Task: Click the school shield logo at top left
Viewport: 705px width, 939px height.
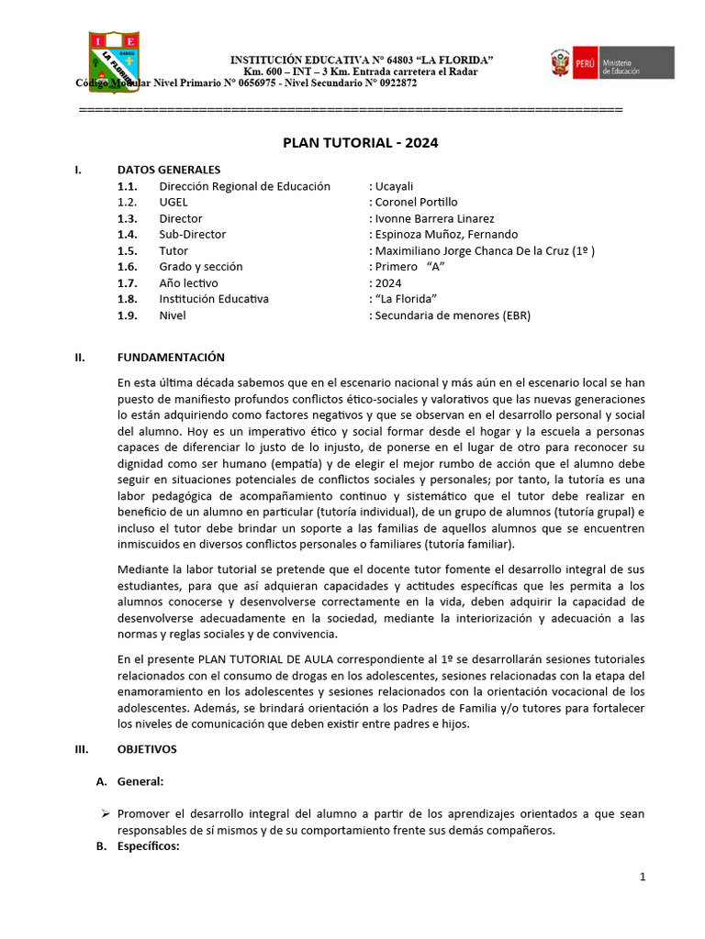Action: [x=115, y=61]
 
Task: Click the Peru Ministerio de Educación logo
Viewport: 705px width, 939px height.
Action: [x=612, y=64]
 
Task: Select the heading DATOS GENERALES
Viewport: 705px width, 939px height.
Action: [x=169, y=170]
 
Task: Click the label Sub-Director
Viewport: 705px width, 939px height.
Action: [x=192, y=235]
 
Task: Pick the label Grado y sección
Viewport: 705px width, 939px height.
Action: [x=201, y=267]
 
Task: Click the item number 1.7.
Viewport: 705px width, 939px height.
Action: [x=127, y=283]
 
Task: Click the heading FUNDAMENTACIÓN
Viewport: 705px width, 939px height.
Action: [x=171, y=358]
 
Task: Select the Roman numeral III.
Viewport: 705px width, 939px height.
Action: [x=80, y=749]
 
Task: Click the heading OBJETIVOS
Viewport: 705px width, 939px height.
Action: [x=147, y=749]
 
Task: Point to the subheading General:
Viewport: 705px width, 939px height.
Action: [x=140, y=781]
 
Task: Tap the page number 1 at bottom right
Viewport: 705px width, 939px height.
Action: [x=643, y=878]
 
